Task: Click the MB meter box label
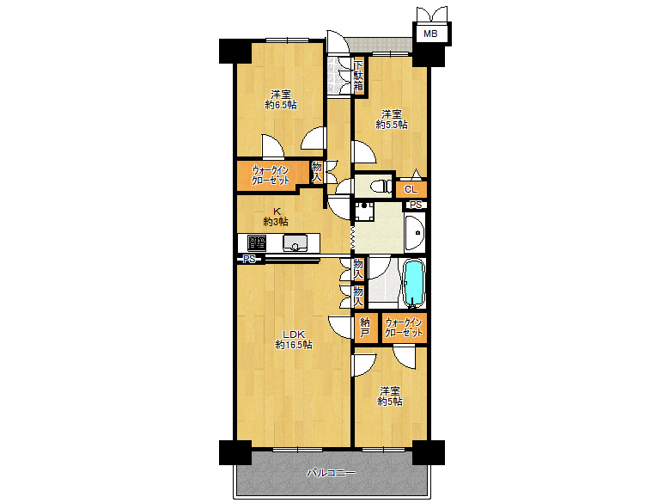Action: coord(430,34)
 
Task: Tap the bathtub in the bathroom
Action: coord(414,283)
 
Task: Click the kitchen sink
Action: coord(295,243)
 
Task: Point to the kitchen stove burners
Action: coord(257,243)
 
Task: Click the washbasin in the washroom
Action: coord(415,232)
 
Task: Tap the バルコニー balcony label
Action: coord(332,473)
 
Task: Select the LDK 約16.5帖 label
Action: coord(294,339)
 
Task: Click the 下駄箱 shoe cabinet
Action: coord(358,77)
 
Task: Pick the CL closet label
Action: coord(411,189)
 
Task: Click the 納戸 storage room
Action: coord(365,328)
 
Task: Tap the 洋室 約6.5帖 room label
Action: coord(281,99)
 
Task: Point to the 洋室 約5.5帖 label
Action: coord(392,120)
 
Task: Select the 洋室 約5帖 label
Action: coord(390,396)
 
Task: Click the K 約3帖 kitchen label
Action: coord(276,217)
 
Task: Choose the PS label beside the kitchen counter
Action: coord(249,259)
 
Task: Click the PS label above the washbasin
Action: coord(416,205)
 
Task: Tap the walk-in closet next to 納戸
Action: coord(404,328)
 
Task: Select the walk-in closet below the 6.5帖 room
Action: coord(271,175)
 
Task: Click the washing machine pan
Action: coord(363,212)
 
